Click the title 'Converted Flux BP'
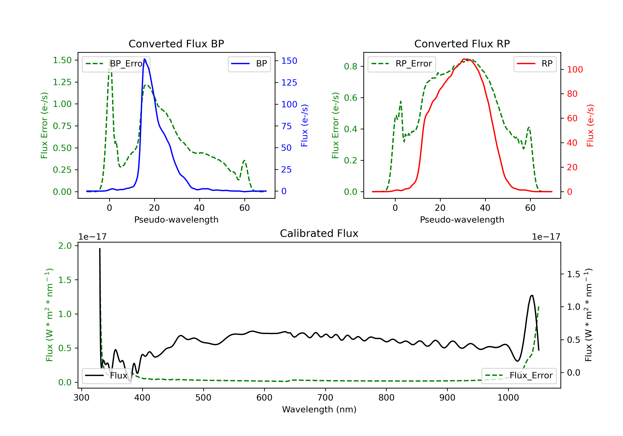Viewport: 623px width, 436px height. click(x=176, y=44)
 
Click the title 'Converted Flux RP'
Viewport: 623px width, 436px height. click(x=462, y=44)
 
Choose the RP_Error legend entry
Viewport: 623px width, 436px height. click(x=402, y=64)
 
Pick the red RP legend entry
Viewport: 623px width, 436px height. click(x=535, y=64)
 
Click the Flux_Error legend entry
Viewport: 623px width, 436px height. click(x=519, y=376)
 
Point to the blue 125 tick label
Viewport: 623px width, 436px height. click(x=289, y=82)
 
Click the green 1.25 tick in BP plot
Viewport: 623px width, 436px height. click(x=62, y=82)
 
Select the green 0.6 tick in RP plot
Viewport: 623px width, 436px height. click(x=351, y=98)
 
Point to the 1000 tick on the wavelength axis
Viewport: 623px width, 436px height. click(x=508, y=398)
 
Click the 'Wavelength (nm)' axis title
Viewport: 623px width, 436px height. click(x=319, y=409)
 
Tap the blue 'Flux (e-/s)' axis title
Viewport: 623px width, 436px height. click(x=304, y=126)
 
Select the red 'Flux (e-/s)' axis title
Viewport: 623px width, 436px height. click(x=590, y=126)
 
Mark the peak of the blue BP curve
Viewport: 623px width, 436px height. click(x=144, y=59)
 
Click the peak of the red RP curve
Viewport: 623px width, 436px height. click(x=464, y=59)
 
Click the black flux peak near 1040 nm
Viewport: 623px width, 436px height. click(x=532, y=295)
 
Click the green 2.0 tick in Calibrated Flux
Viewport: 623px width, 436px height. click(x=65, y=246)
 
